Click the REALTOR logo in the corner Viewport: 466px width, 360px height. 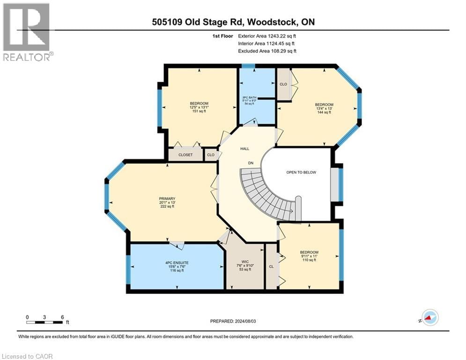[27, 31]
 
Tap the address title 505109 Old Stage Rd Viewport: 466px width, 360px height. [232, 22]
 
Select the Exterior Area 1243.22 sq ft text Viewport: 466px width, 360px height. [267, 36]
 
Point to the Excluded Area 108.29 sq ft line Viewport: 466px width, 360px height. [267, 51]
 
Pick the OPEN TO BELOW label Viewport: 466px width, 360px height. [301, 172]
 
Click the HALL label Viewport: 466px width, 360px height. [244, 149]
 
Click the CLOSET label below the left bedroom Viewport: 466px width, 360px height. [186, 155]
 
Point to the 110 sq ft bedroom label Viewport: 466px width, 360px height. [309, 256]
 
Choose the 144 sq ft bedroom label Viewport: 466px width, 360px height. [324, 108]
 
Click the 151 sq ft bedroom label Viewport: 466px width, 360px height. [199, 107]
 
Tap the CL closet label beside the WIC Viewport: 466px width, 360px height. [271, 266]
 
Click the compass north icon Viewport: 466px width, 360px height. [429, 318]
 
